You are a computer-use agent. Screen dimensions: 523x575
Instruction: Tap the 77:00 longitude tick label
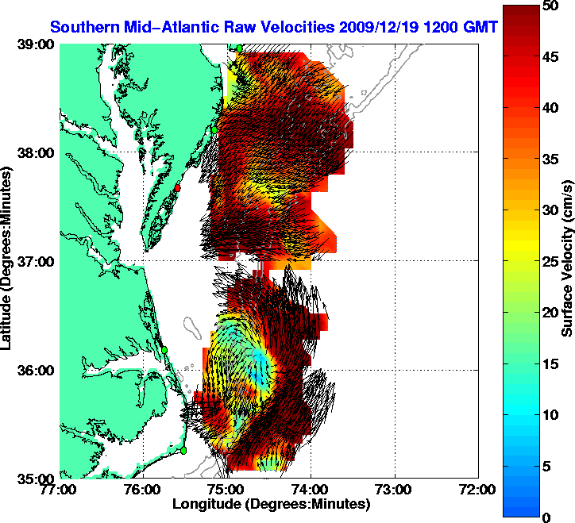coord(60,490)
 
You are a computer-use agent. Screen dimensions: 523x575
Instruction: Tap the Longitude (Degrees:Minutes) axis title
coord(270,504)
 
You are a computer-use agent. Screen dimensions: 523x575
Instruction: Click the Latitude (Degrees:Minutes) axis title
coord(10,262)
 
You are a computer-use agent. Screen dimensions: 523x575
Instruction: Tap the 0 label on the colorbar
coord(546,517)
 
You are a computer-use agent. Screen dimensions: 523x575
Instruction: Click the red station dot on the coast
coord(178,188)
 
